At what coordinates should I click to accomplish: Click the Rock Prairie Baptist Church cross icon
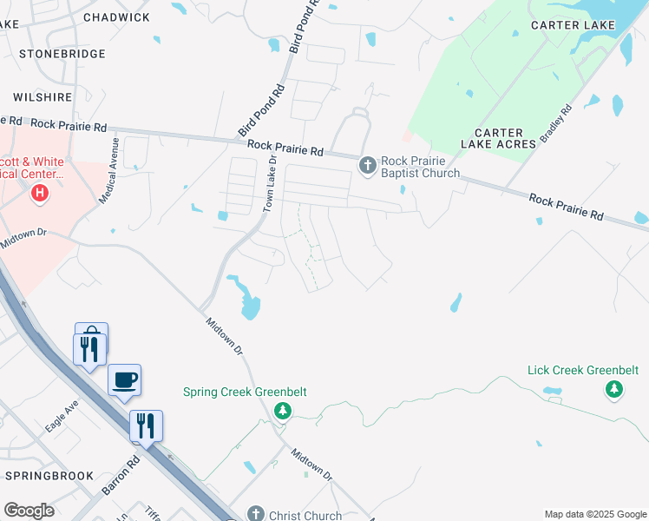point(368,164)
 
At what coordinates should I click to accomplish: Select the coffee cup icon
point(125,380)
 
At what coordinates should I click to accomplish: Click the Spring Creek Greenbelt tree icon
point(281,411)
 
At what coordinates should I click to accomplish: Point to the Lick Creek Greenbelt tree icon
point(614,390)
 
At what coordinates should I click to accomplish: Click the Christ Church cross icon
point(255,514)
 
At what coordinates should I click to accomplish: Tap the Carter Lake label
point(573,25)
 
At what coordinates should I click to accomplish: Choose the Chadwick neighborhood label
point(115,17)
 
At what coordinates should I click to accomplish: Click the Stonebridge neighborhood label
point(62,54)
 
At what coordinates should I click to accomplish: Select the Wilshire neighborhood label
point(42,97)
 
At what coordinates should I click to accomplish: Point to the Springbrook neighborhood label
point(49,476)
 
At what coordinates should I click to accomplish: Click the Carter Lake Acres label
point(498,138)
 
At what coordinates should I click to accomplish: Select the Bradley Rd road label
point(556,124)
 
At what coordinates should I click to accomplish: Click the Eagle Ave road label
point(62,416)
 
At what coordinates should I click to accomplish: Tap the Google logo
point(29,511)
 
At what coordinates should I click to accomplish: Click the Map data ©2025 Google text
point(594,514)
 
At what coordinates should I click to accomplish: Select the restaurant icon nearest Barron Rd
point(146,425)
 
